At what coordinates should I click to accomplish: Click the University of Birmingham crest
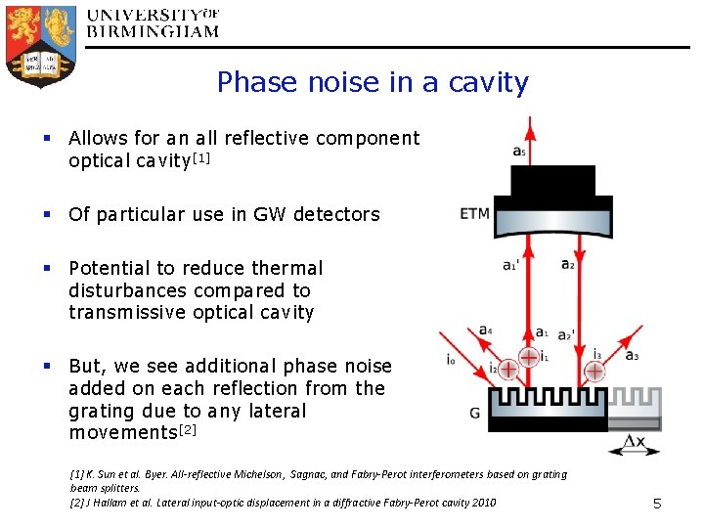pos(41,44)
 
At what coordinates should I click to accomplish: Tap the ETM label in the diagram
pos(474,214)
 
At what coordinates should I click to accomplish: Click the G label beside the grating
pos(474,413)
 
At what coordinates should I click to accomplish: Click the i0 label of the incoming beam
pos(450,360)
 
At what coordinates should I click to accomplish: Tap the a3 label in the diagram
pos(633,354)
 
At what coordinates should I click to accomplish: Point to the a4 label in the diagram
pos(486,330)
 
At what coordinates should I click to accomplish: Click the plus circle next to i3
pos(593,371)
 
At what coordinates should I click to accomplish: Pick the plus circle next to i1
pos(528,357)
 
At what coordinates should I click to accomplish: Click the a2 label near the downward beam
pos(568,264)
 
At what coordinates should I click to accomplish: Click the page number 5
pos(657,504)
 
